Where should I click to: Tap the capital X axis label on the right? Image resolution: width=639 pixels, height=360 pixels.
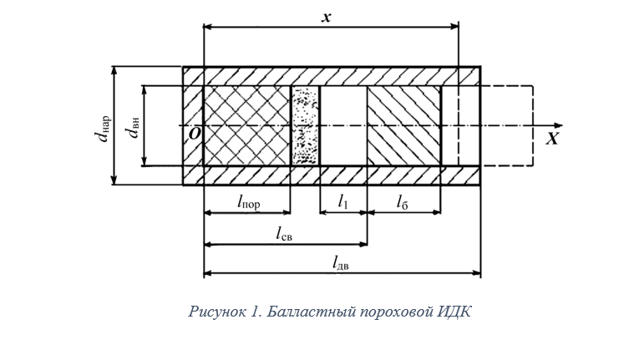(x=552, y=139)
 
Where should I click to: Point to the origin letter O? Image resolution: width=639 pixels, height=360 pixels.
(x=194, y=134)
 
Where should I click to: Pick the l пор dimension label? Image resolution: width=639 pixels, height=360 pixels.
(x=249, y=200)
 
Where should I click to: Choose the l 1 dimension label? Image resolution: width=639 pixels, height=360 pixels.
(x=343, y=200)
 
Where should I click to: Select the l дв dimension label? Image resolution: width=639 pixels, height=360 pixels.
(x=340, y=263)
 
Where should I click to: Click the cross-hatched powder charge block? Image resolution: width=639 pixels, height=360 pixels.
(x=247, y=125)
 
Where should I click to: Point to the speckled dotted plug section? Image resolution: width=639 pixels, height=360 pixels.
(x=306, y=125)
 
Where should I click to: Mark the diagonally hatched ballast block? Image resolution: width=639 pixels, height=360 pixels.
(x=404, y=125)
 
